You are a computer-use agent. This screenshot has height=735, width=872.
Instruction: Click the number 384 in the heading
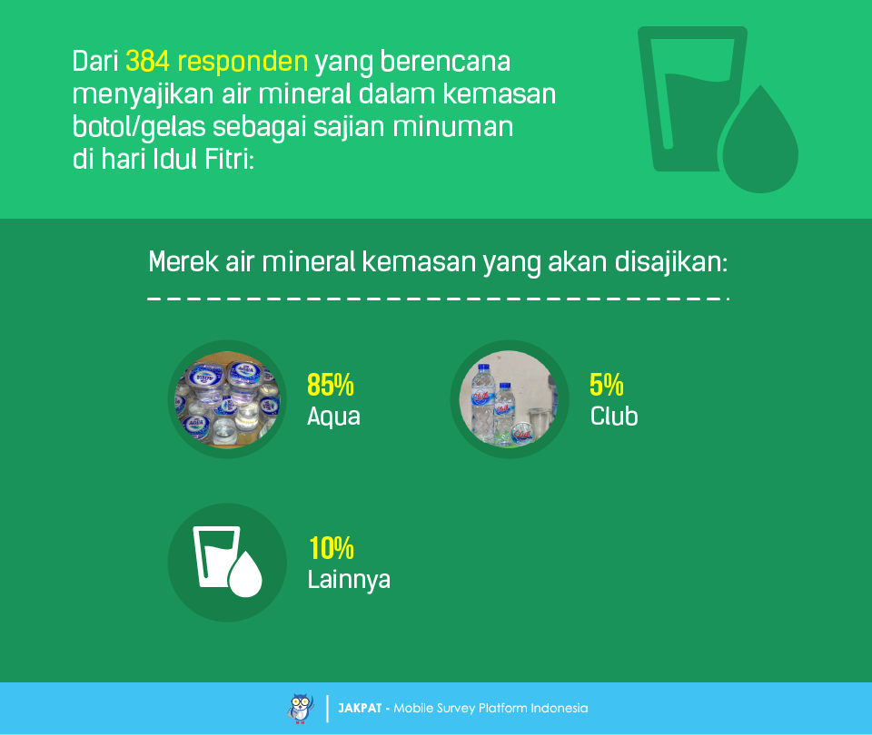(x=147, y=61)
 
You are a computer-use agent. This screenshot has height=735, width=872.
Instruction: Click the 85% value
(x=331, y=385)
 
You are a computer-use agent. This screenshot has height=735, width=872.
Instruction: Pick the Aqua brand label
(x=333, y=417)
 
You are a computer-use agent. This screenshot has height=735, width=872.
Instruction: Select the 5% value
(x=606, y=385)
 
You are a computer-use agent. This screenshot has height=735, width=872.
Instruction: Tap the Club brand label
(x=614, y=416)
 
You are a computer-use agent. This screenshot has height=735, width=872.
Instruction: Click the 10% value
(x=332, y=548)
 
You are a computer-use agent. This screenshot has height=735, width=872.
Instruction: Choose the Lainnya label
(x=349, y=580)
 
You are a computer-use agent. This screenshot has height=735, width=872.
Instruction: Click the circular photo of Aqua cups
(x=227, y=399)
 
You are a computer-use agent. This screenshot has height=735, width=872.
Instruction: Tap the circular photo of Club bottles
(x=510, y=399)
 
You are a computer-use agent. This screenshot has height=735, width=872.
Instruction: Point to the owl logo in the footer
(x=301, y=709)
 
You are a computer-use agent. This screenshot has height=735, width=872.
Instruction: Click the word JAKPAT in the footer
(x=360, y=709)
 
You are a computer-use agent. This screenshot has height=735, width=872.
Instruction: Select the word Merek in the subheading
(x=183, y=261)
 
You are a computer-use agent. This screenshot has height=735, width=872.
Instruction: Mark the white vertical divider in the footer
(x=327, y=709)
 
